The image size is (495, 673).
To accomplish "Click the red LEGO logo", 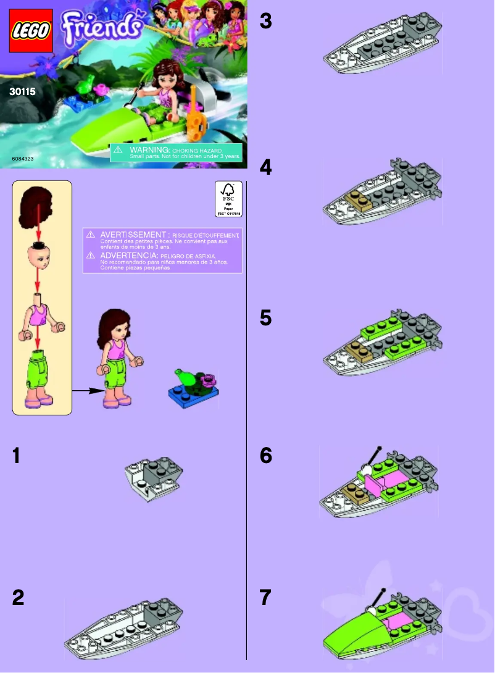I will click(31, 30).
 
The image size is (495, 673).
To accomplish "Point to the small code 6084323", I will click(22, 159).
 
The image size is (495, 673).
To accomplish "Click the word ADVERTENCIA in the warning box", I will click(129, 254).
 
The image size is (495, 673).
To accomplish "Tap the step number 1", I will click(19, 456).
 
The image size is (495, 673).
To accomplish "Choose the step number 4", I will click(265, 167).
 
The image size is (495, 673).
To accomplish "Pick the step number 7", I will click(265, 598).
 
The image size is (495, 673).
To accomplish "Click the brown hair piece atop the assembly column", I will click(37, 207).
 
